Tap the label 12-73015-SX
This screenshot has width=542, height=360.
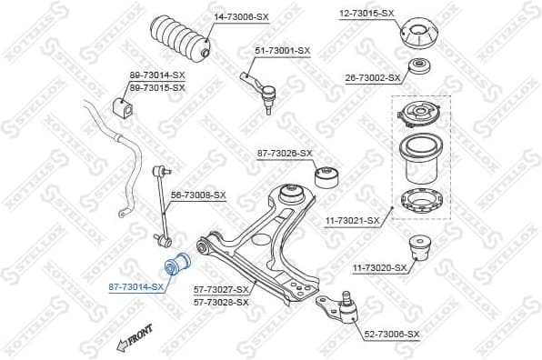click(366, 13)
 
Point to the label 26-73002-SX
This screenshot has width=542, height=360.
click(371, 78)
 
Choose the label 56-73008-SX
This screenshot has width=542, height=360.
click(198, 195)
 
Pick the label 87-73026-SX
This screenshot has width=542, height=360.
click(285, 153)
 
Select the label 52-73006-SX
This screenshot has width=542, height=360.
click(391, 335)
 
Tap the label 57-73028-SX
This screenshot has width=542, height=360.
click(221, 301)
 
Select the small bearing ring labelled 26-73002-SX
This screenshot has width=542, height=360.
click(419, 68)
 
